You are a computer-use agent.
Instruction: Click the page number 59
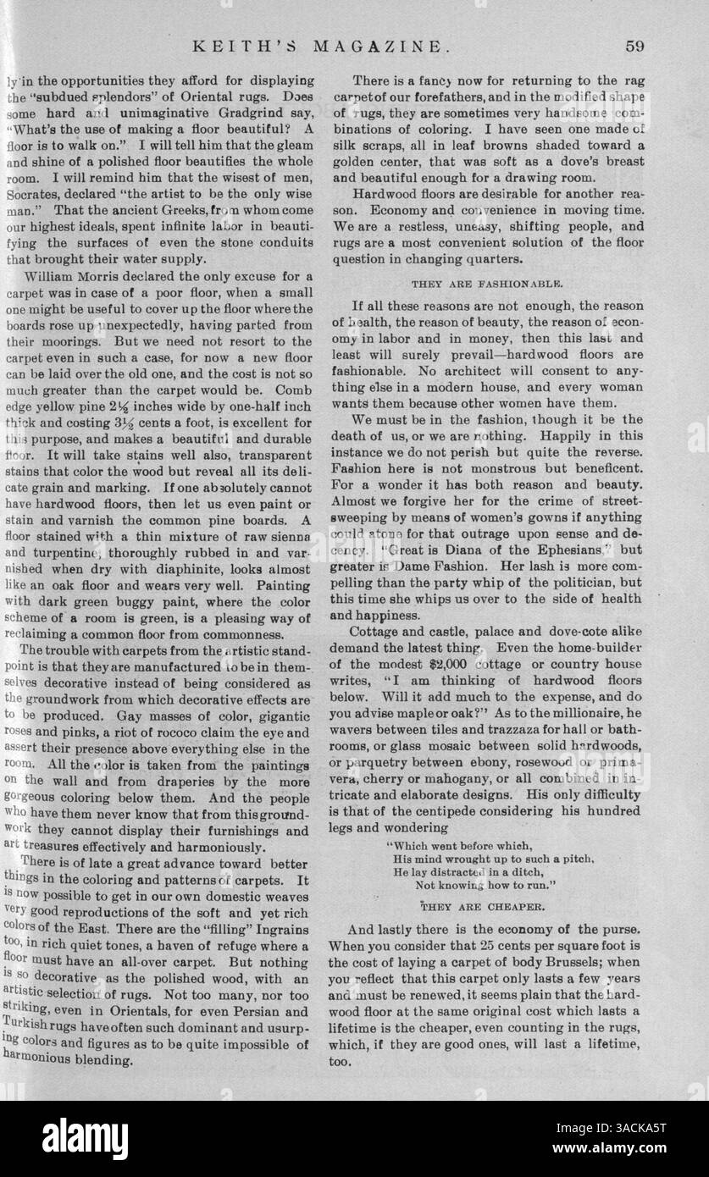tap(635, 46)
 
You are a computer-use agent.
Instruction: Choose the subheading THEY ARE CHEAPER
tap(481, 903)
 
